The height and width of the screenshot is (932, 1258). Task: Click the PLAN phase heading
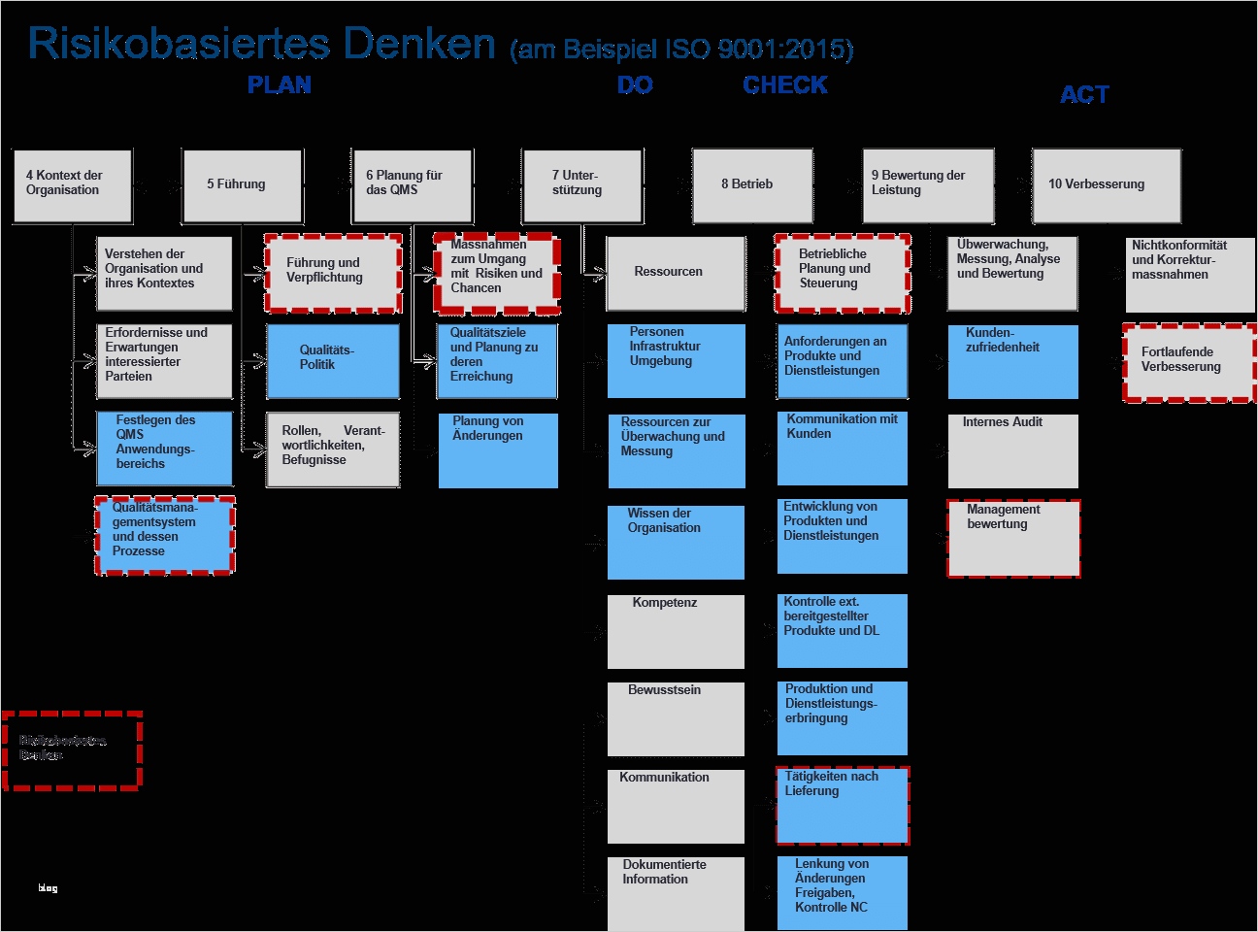pyautogui.click(x=280, y=85)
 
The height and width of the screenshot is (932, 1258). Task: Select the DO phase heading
pyautogui.click(x=635, y=85)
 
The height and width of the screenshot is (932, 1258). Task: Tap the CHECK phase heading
pyautogui.click(x=785, y=85)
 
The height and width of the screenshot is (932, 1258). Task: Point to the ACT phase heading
pyautogui.click(x=1084, y=95)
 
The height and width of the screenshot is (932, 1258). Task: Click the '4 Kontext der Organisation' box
pyautogui.click(x=73, y=184)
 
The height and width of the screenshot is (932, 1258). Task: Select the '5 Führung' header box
pyautogui.click(x=243, y=184)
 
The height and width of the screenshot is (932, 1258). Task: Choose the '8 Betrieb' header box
pyautogui.click(x=752, y=184)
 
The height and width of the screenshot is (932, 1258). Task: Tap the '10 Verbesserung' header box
pyautogui.click(x=1107, y=184)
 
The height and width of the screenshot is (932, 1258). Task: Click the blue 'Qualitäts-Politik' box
pyautogui.click(x=333, y=360)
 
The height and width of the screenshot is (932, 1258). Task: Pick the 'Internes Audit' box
pyautogui.click(x=1012, y=450)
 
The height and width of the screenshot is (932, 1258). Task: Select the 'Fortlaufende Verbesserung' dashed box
pyautogui.click(x=1189, y=362)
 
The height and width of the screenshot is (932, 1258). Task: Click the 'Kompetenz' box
pyautogui.click(x=676, y=631)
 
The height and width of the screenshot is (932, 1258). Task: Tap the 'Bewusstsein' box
pyautogui.click(x=676, y=718)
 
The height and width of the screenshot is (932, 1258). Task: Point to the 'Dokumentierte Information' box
pyautogui.click(x=676, y=892)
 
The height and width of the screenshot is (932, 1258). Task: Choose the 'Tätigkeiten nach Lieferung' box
pyautogui.click(x=843, y=805)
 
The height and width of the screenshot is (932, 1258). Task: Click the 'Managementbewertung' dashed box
pyautogui.click(x=1013, y=538)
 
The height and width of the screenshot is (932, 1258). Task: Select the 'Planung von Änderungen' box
pyautogui.click(x=498, y=450)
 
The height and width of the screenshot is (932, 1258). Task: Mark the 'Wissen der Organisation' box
pyautogui.click(x=676, y=542)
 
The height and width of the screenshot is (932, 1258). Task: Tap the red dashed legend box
pyautogui.click(x=73, y=749)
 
